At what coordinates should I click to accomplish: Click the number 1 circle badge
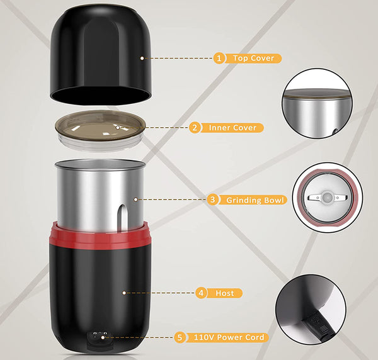pos(219,59)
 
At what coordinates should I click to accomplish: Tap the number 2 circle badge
pos(195,127)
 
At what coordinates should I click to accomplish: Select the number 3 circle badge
pos(212,200)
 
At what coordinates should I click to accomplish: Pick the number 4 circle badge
pos(201,293)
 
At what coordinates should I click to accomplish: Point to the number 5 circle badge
pos(180,337)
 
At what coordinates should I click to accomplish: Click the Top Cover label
pos(253,59)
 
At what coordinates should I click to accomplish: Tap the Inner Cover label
pos(232,127)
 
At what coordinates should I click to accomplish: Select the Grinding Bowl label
pos(253,200)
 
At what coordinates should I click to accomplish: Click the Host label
pos(225,293)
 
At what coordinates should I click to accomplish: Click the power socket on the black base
pos(100,336)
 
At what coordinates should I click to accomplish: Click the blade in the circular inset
pos(328,198)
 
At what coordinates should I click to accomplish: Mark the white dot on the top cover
pos(142,59)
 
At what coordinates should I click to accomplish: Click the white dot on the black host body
pos(124,293)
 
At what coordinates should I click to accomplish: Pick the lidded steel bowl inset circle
pos(318,104)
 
